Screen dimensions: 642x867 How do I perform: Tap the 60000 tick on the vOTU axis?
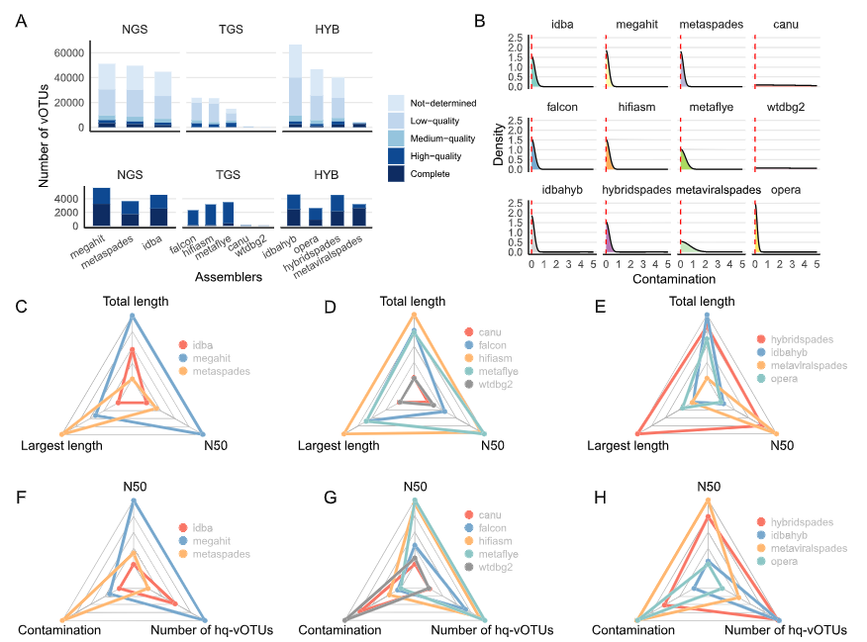(x=66, y=52)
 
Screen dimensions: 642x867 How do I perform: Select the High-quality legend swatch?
(x=397, y=155)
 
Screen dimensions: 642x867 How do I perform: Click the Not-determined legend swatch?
(x=397, y=102)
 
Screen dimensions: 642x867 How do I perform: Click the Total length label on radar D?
(x=414, y=301)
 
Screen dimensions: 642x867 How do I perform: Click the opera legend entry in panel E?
(x=787, y=378)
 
